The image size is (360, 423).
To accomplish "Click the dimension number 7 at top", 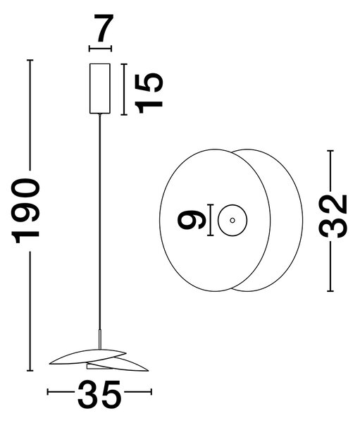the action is tap(104, 27).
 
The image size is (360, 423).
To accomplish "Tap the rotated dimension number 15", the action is tap(149, 93).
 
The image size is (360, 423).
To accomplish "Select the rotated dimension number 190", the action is tap(26, 211).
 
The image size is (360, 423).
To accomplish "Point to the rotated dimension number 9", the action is tap(192, 220).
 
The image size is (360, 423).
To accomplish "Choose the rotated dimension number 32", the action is tap(333, 216).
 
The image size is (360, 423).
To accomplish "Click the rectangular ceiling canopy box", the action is tap(100, 89).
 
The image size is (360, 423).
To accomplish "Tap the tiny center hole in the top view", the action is tap(232, 221).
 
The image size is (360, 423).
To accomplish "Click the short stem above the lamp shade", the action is tap(100, 339).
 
